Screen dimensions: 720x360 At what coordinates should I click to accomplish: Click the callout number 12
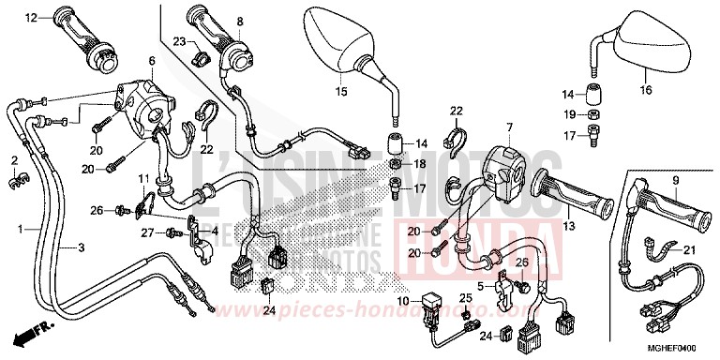click(x=31, y=18)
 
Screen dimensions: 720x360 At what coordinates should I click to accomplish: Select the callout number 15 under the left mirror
click(x=341, y=91)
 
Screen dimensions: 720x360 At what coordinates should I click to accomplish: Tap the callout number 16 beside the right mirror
click(x=644, y=91)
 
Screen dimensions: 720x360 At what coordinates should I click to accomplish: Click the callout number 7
click(x=509, y=127)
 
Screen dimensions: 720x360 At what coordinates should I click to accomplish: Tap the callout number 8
click(x=239, y=21)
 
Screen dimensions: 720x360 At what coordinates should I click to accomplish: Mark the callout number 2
click(x=14, y=160)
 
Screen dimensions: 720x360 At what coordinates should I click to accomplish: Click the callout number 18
click(x=420, y=163)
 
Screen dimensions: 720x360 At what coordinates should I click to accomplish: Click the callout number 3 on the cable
click(x=79, y=247)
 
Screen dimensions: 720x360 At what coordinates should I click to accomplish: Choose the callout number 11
click(x=143, y=178)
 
